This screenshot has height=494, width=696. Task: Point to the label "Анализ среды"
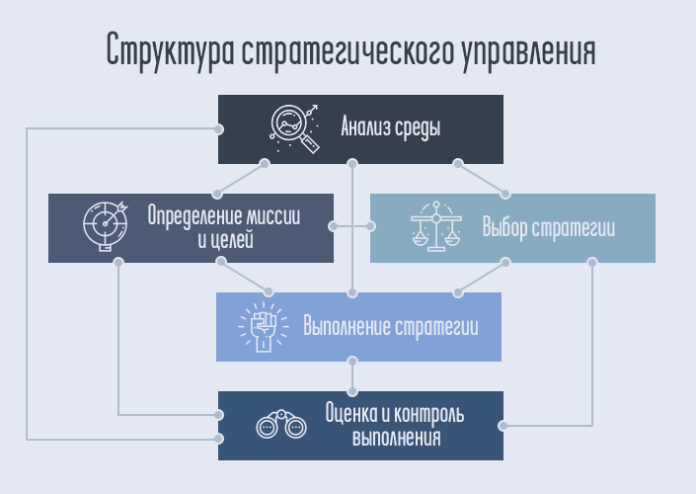click(x=391, y=128)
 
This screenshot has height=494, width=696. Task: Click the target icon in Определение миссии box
click(x=105, y=227)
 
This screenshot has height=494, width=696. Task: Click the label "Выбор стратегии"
click(x=549, y=228)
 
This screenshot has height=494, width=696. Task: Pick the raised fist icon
click(x=261, y=327)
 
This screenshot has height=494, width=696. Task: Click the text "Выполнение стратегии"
click(x=391, y=327)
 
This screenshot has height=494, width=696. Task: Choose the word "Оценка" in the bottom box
click(x=349, y=414)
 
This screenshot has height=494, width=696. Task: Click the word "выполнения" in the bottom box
click(x=396, y=437)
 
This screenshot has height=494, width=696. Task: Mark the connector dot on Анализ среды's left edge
click(x=218, y=128)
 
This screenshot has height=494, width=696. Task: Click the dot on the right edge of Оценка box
click(x=503, y=426)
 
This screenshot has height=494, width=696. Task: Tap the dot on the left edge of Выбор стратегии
click(x=370, y=227)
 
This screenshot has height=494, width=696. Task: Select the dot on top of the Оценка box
click(x=351, y=391)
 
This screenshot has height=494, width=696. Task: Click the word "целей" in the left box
click(x=233, y=239)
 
